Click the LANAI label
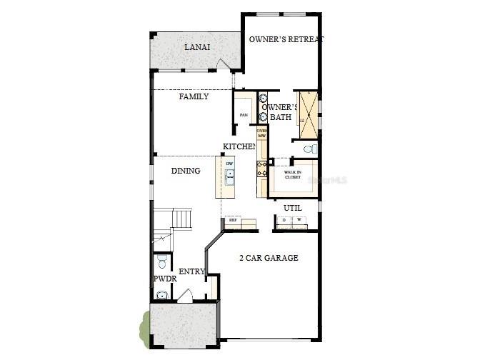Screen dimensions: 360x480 (196, 47)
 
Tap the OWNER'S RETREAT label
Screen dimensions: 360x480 (286, 39)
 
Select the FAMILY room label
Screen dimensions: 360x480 (194, 96)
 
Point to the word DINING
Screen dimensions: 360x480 (186, 171)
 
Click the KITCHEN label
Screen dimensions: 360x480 (239, 146)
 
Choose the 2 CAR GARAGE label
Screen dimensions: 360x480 (269, 257)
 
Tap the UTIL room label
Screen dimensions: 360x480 (293, 208)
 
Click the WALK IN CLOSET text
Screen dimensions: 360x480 (292, 174)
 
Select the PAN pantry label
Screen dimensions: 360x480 (244, 115)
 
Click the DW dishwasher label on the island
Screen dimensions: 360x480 (230, 164)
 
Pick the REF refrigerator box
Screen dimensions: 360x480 (233, 221)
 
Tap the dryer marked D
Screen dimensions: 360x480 (284, 220)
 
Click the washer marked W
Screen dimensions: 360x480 (299, 220)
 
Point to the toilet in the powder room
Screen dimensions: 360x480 (162, 259)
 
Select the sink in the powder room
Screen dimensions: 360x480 (162, 294)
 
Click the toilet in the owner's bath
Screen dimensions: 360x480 (309, 149)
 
